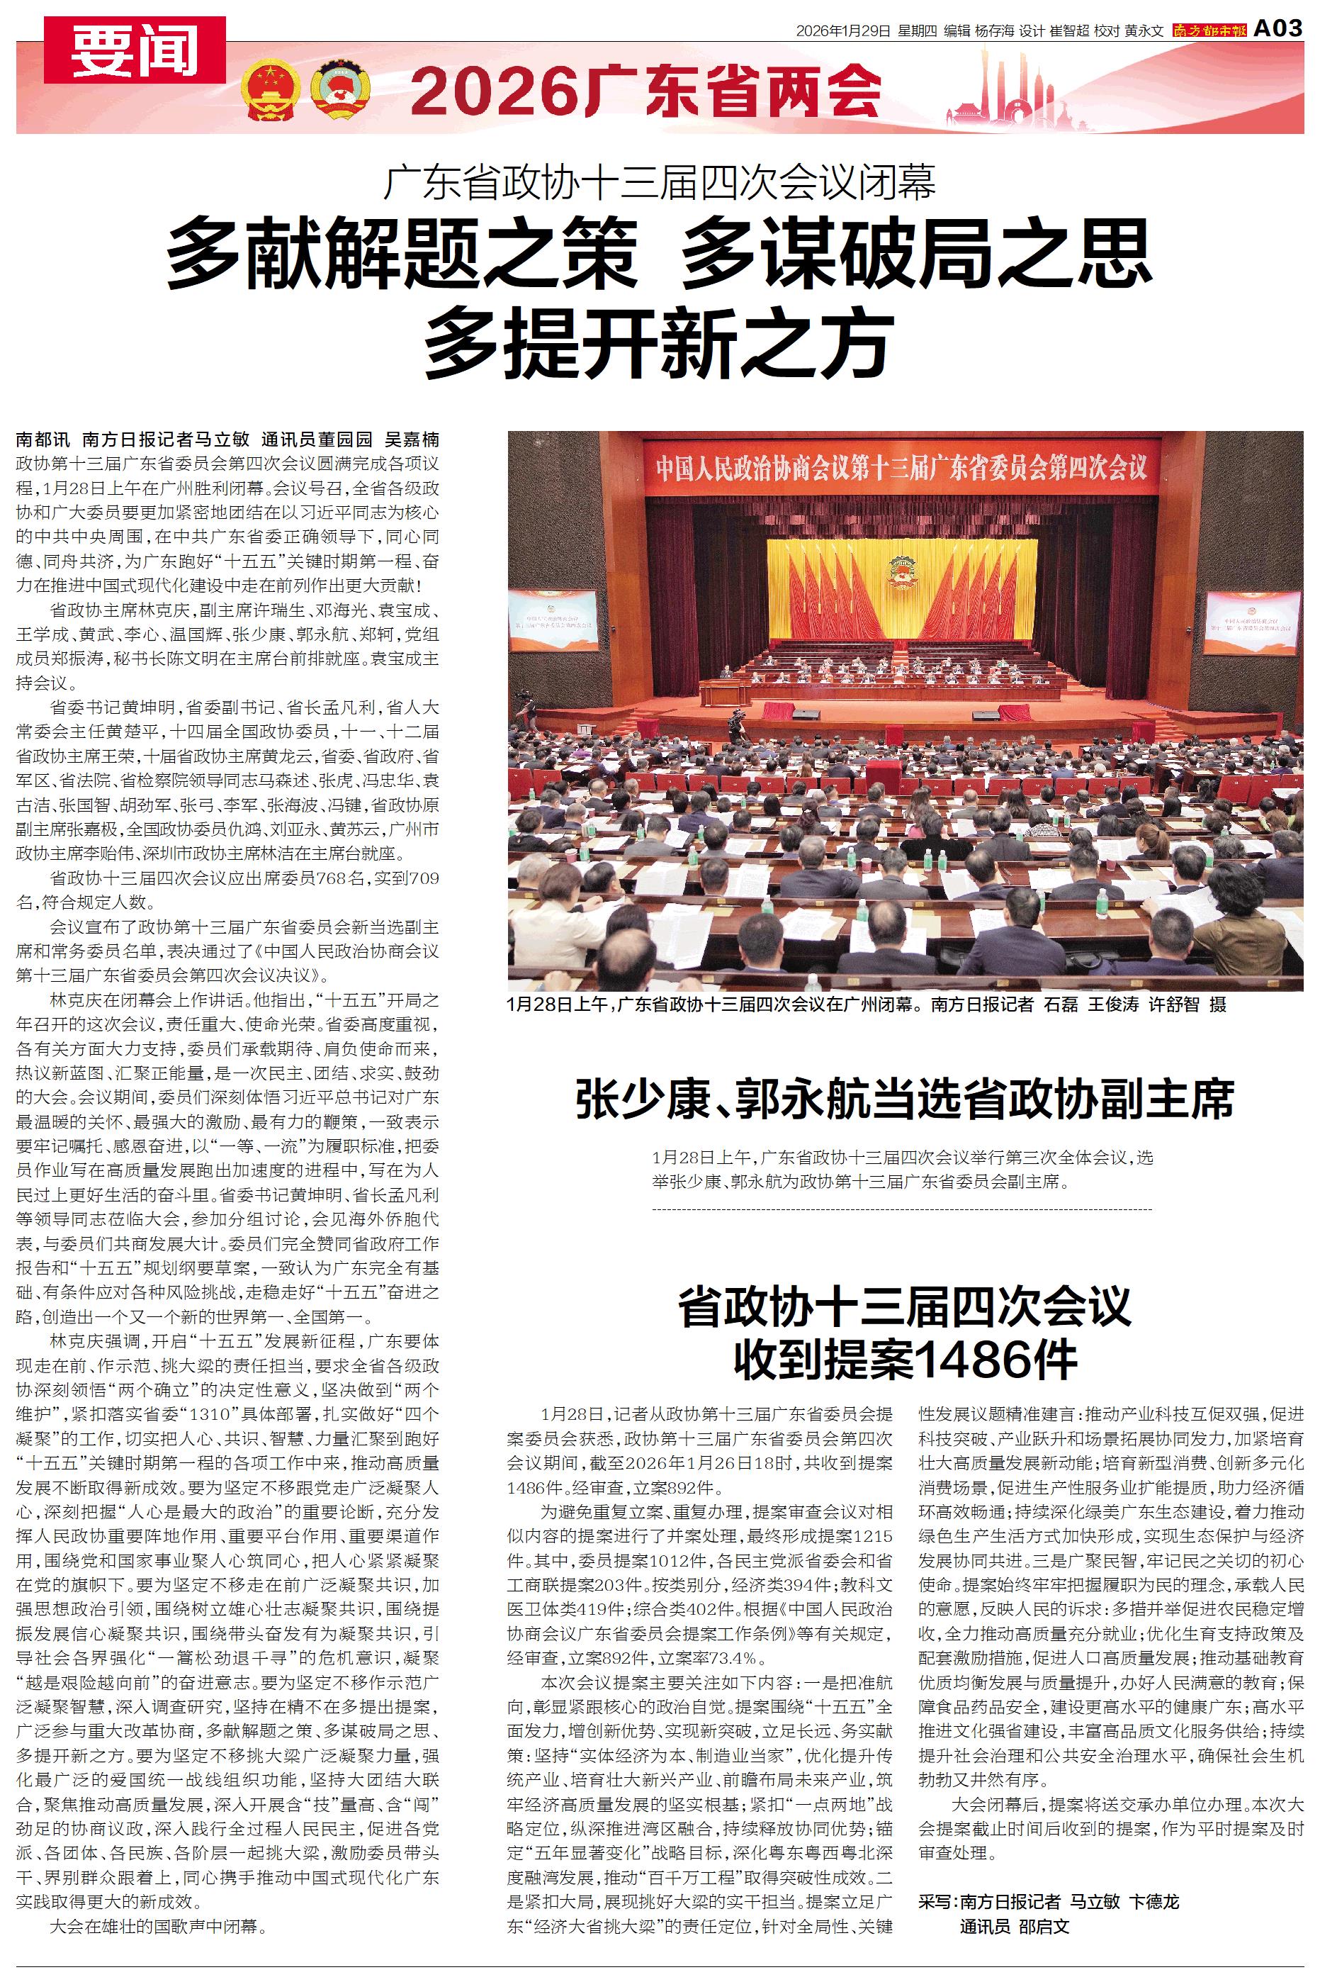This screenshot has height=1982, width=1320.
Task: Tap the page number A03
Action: [1278, 28]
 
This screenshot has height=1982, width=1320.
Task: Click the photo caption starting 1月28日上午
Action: [867, 1004]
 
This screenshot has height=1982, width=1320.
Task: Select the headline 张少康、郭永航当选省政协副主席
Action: [905, 1099]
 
